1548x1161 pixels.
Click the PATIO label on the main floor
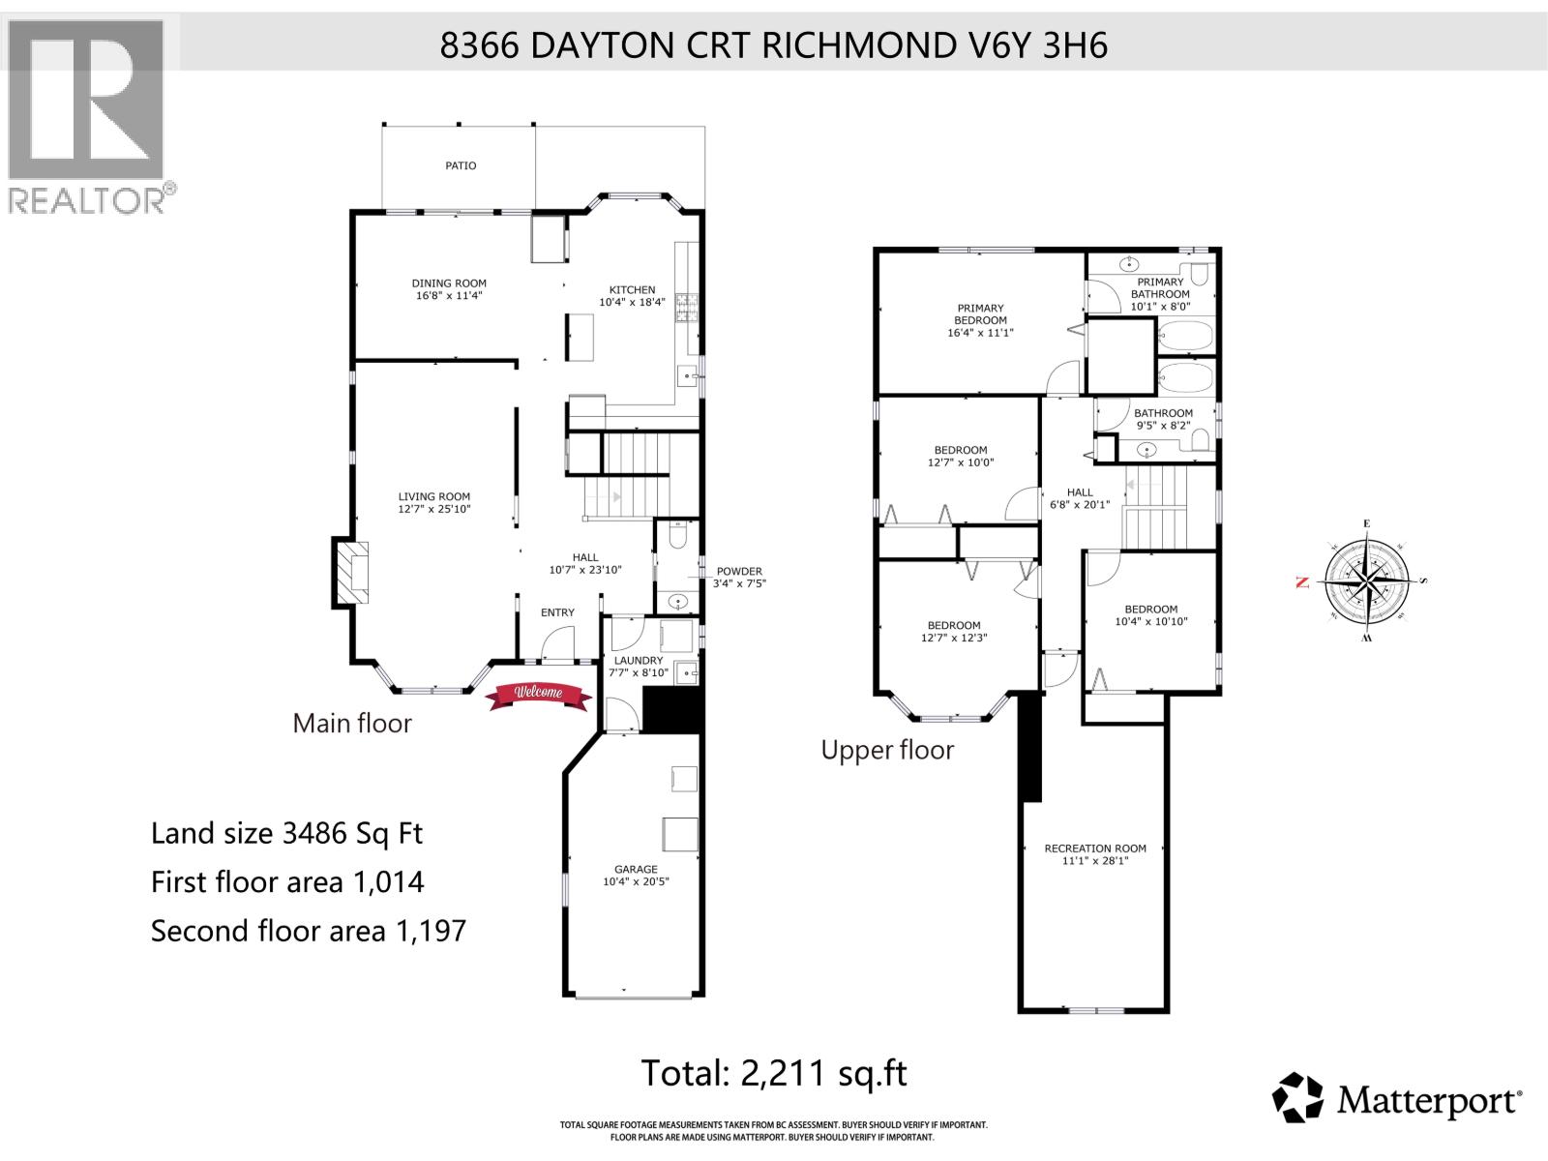click(x=461, y=165)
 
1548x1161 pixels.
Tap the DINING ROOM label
click(x=449, y=283)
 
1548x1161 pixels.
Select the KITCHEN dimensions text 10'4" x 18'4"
click(x=632, y=302)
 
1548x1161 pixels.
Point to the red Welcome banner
click(x=538, y=694)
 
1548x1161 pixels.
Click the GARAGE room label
click(x=636, y=869)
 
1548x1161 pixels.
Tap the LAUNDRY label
click(x=638, y=661)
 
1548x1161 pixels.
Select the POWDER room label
click(x=739, y=571)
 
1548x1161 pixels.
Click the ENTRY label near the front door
click(x=557, y=612)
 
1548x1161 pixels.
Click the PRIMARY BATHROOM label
click(x=1160, y=287)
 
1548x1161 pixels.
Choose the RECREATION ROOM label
click(x=1095, y=848)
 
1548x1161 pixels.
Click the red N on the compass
click(x=1301, y=582)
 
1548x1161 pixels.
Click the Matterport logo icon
click(x=1297, y=1098)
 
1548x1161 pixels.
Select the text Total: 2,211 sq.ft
click(x=774, y=1073)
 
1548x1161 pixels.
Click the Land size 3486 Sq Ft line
click(x=286, y=833)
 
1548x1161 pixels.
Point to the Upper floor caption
click(x=887, y=750)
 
